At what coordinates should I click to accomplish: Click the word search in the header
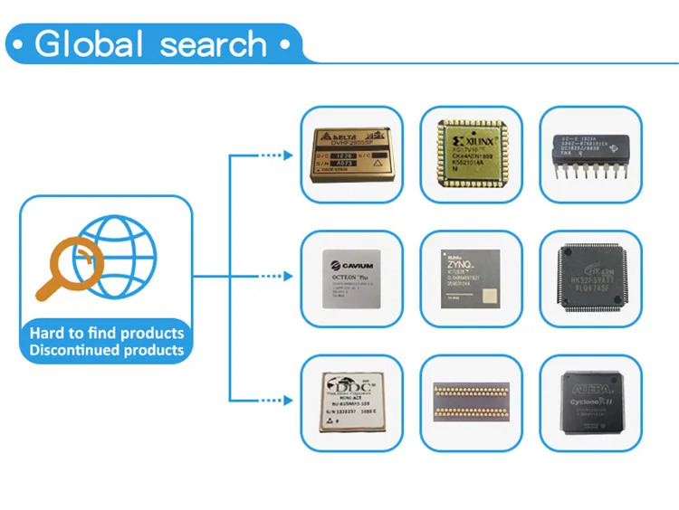pos(210,43)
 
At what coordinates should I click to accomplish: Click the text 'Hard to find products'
pos(106,333)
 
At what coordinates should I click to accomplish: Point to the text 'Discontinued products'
pos(106,350)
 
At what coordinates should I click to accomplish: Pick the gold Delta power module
pos(351,155)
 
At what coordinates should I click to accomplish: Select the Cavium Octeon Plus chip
pos(351,276)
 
